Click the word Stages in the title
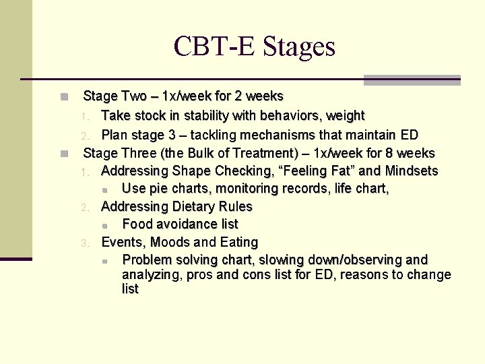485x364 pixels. [x=298, y=47]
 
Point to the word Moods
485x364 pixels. [x=171, y=241]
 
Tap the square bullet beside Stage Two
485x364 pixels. [x=64, y=97]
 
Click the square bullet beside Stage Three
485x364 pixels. [x=64, y=154]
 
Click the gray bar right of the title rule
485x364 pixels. [x=412, y=80]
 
